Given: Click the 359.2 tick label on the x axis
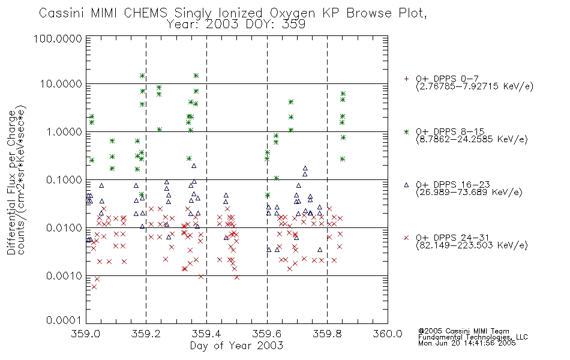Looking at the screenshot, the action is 146,334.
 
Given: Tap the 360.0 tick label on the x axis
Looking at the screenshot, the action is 388,334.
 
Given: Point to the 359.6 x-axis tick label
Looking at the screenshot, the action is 267,334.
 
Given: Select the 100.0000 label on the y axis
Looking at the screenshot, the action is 58,38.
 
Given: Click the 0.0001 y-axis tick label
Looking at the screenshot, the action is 64,320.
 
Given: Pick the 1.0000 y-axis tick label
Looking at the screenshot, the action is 64,131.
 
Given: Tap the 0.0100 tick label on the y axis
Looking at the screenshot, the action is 64,228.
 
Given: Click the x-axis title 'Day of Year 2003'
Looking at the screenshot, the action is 236,346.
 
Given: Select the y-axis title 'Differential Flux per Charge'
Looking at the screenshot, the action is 11,182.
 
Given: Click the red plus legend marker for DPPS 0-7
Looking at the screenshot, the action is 406,79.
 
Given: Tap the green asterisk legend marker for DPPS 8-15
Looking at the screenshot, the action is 406,131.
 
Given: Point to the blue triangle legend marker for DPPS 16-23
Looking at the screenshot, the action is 406,185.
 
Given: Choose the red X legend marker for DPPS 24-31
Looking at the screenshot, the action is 406,238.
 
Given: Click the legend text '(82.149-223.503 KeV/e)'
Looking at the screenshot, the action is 472,245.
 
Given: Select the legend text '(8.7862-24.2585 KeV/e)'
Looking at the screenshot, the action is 472,140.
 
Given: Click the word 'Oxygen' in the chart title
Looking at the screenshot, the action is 293,13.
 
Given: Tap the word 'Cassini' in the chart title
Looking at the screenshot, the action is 62,13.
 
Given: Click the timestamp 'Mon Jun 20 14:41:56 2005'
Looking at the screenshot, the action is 467,343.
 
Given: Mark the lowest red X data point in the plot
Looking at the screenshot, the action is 94,287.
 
